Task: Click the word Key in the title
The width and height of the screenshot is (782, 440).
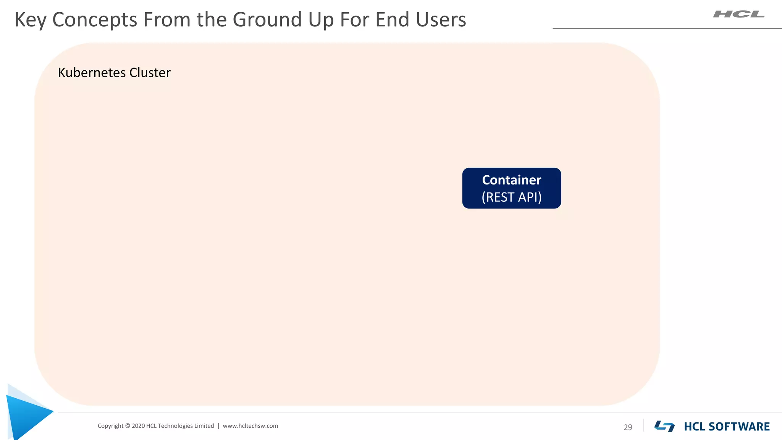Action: [x=30, y=20]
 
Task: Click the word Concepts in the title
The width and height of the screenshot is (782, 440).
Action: [x=95, y=20]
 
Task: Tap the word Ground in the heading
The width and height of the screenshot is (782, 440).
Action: [x=267, y=20]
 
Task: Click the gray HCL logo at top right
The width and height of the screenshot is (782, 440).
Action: [x=738, y=15]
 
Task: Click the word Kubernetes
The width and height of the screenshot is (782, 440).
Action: [x=92, y=73]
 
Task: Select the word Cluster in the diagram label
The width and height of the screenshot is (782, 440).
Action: [x=150, y=73]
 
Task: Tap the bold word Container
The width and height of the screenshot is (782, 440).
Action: [x=511, y=180]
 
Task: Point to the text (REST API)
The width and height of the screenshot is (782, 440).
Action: [x=511, y=197]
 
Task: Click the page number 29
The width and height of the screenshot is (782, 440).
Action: [x=628, y=427]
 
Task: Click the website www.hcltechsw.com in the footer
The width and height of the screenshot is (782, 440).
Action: [x=250, y=426]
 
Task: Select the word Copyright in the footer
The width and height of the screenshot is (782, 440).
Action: [x=110, y=426]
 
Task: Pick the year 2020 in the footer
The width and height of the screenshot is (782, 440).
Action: [x=138, y=426]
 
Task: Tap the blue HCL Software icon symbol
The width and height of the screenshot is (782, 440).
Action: [x=664, y=426]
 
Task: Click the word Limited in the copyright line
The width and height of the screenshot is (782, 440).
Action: [x=204, y=426]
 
